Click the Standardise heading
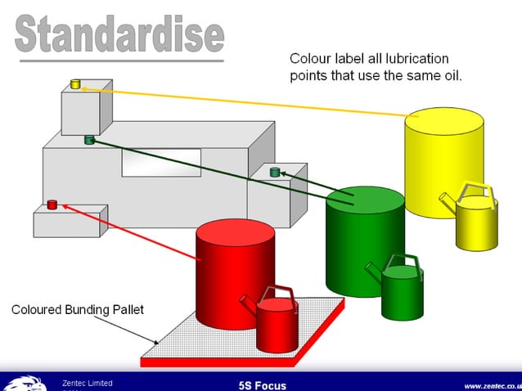[x=119, y=34]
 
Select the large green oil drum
[x=364, y=241]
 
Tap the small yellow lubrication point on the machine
[x=75, y=83]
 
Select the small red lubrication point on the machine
[x=52, y=204]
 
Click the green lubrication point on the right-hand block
[x=275, y=172]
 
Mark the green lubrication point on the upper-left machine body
[x=89, y=140]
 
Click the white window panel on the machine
[x=161, y=162]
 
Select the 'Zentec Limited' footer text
[x=88, y=383]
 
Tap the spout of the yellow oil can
[x=445, y=200]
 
